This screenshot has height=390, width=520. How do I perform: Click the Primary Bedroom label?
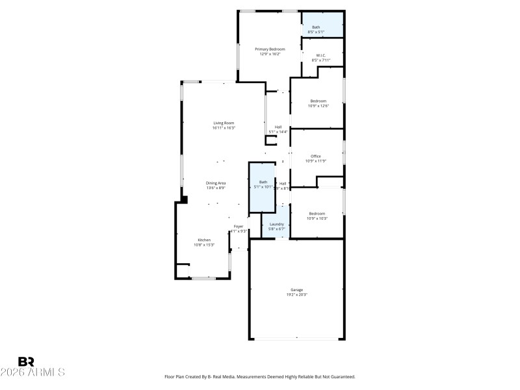pos(270,49)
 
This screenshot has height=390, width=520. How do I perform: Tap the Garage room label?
pos(296,289)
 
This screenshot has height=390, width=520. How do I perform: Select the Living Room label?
pos(224,123)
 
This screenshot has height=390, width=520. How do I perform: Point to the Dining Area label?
pos(216,183)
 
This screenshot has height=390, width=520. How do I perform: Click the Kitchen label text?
pos(204,240)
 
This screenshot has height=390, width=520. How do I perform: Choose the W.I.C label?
pos(320,55)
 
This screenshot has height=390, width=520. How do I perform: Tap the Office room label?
pos(316,156)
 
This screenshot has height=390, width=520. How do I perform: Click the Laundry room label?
pos(277,224)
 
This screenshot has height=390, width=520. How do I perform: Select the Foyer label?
pos(239,226)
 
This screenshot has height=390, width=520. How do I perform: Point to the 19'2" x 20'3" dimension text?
pos(296,294)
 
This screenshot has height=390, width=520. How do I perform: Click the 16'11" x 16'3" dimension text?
pos(224,128)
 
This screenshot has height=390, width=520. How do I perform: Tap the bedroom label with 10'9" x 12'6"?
pos(318,101)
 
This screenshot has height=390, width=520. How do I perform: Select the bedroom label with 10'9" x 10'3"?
pos(317,214)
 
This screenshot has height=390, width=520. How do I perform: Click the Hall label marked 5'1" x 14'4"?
pos(278,127)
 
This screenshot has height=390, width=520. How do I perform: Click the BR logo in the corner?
pos(26,362)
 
